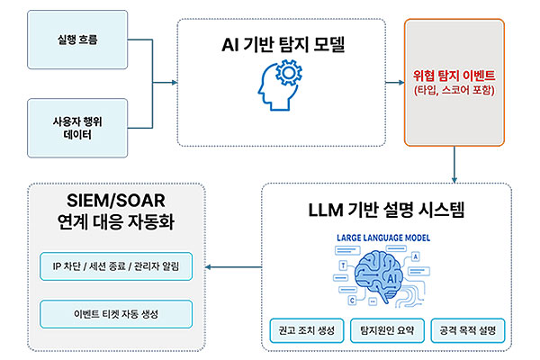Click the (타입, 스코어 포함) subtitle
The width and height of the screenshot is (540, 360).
coord(454,91)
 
